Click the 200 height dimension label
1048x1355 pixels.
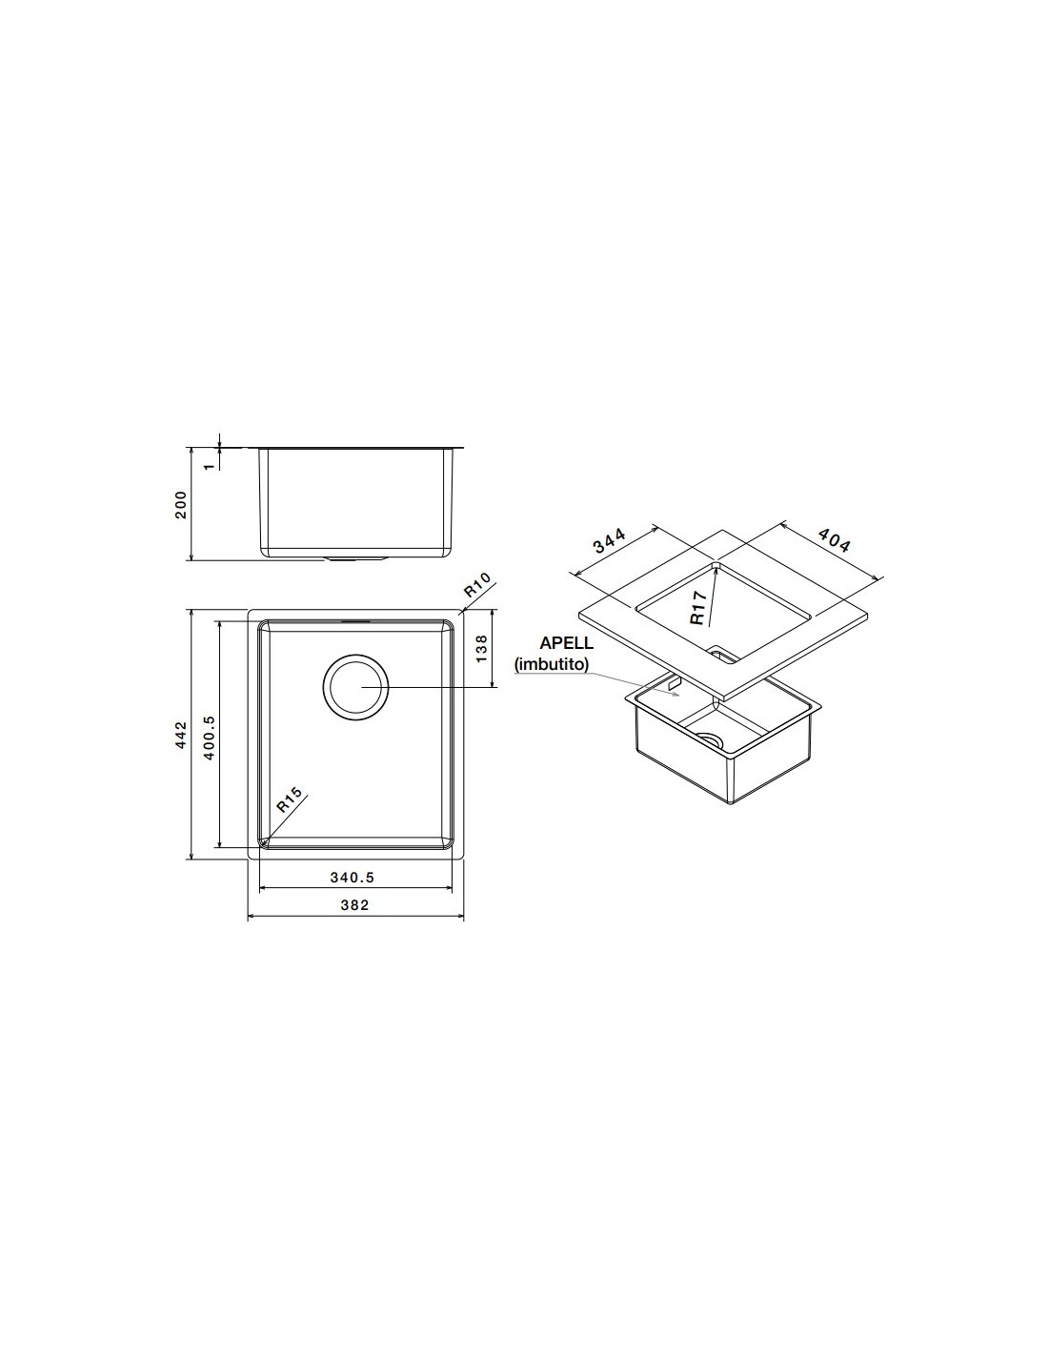point(180,504)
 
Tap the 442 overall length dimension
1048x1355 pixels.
point(180,734)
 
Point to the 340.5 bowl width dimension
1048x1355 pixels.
point(353,878)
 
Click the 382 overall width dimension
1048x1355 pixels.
point(355,905)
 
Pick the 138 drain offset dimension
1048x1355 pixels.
point(481,649)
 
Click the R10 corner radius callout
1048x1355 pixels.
point(478,585)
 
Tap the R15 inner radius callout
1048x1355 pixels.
point(290,799)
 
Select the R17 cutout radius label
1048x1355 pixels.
point(697,608)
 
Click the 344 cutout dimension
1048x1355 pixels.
point(609,540)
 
